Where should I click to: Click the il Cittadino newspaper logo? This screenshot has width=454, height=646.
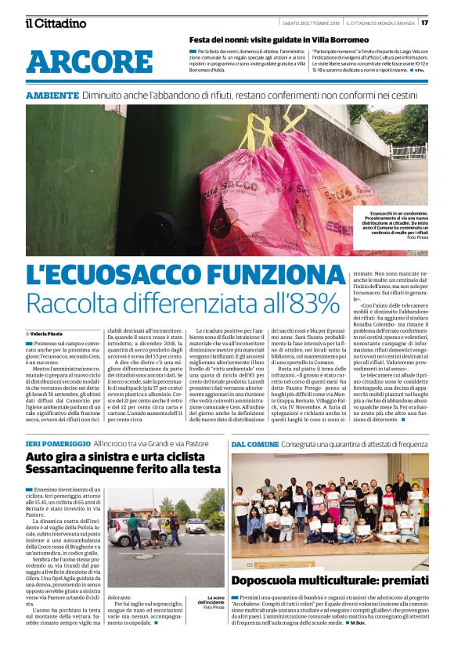[55, 23]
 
